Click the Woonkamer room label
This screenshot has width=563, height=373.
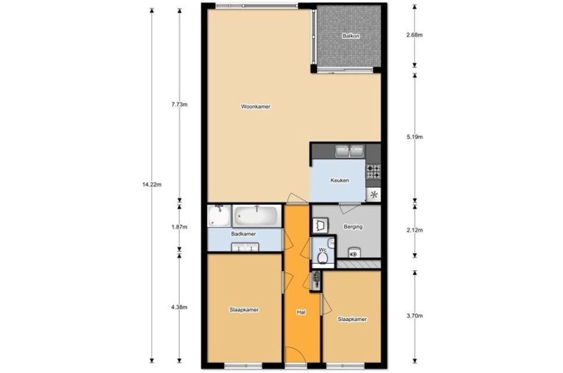pos(256,107)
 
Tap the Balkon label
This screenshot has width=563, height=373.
pos(351,36)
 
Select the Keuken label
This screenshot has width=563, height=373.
pos(340,180)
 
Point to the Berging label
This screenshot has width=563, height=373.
pos(353,227)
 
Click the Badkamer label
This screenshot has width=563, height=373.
pos(244,234)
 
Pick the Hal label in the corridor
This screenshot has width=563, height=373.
pos(301,313)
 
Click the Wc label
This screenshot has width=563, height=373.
pos(322,249)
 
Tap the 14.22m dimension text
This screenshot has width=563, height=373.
pos(152,184)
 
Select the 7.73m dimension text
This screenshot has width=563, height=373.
pos(179,104)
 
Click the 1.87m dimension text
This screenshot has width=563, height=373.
pos(179,227)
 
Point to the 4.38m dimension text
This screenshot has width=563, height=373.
pos(179,307)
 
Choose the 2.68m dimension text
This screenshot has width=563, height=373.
pos(414,35)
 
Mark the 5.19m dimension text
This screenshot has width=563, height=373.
pos(414,137)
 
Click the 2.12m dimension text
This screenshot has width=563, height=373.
pos(414,230)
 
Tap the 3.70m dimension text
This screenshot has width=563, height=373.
pos(414,316)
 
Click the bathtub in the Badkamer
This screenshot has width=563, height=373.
pos(257,216)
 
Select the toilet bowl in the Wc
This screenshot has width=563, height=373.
pos(322,258)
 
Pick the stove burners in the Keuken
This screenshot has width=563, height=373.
pos(374,171)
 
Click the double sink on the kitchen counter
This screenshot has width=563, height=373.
pos(350,151)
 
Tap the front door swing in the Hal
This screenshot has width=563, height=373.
pos(295,355)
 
